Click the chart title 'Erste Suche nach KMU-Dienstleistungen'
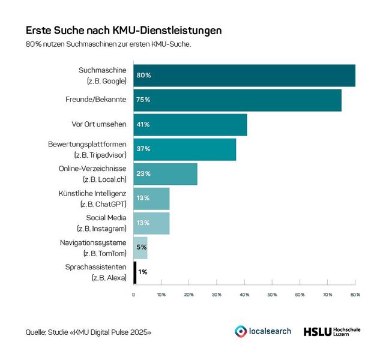(x=124, y=30)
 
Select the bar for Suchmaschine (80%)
(x=244, y=76)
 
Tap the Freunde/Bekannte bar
(x=237, y=100)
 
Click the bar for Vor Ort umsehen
(x=190, y=124)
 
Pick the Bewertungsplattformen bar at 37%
(x=185, y=149)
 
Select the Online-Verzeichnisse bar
(x=165, y=173)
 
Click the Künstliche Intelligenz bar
(x=151, y=198)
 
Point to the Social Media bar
(x=151, y=223)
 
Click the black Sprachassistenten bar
(x=135, y=272)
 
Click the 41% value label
(x=143, y=125)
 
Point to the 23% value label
(x=143, y=174)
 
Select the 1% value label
(x=143, y=272)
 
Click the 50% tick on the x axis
(x=272, y=295)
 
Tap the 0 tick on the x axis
(x=133, y=295)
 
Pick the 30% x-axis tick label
(x=217, y=295)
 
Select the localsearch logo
(x=262, y=331)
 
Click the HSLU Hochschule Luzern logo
(x=331, y=331)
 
